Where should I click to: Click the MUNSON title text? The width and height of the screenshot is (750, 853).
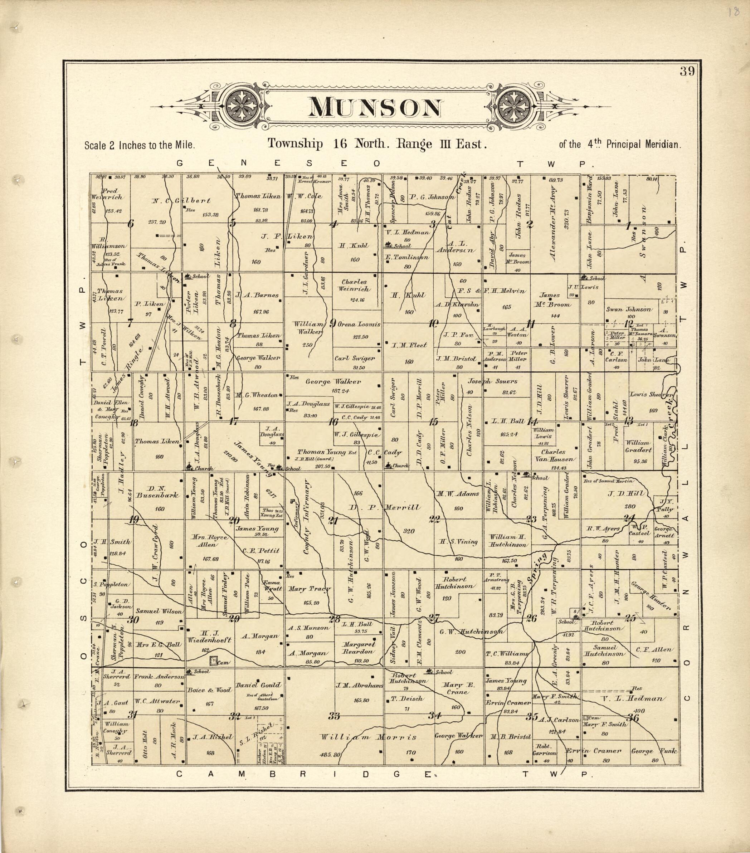374,108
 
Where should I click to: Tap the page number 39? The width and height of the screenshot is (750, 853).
687,72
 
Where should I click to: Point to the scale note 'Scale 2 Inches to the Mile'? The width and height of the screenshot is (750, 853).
140,146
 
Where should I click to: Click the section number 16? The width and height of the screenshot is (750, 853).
333,421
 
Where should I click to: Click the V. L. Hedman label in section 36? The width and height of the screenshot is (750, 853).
631,698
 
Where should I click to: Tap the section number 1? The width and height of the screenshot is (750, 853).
628,226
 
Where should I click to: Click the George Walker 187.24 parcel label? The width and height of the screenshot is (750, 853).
333,381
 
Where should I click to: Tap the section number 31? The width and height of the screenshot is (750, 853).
132,714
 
